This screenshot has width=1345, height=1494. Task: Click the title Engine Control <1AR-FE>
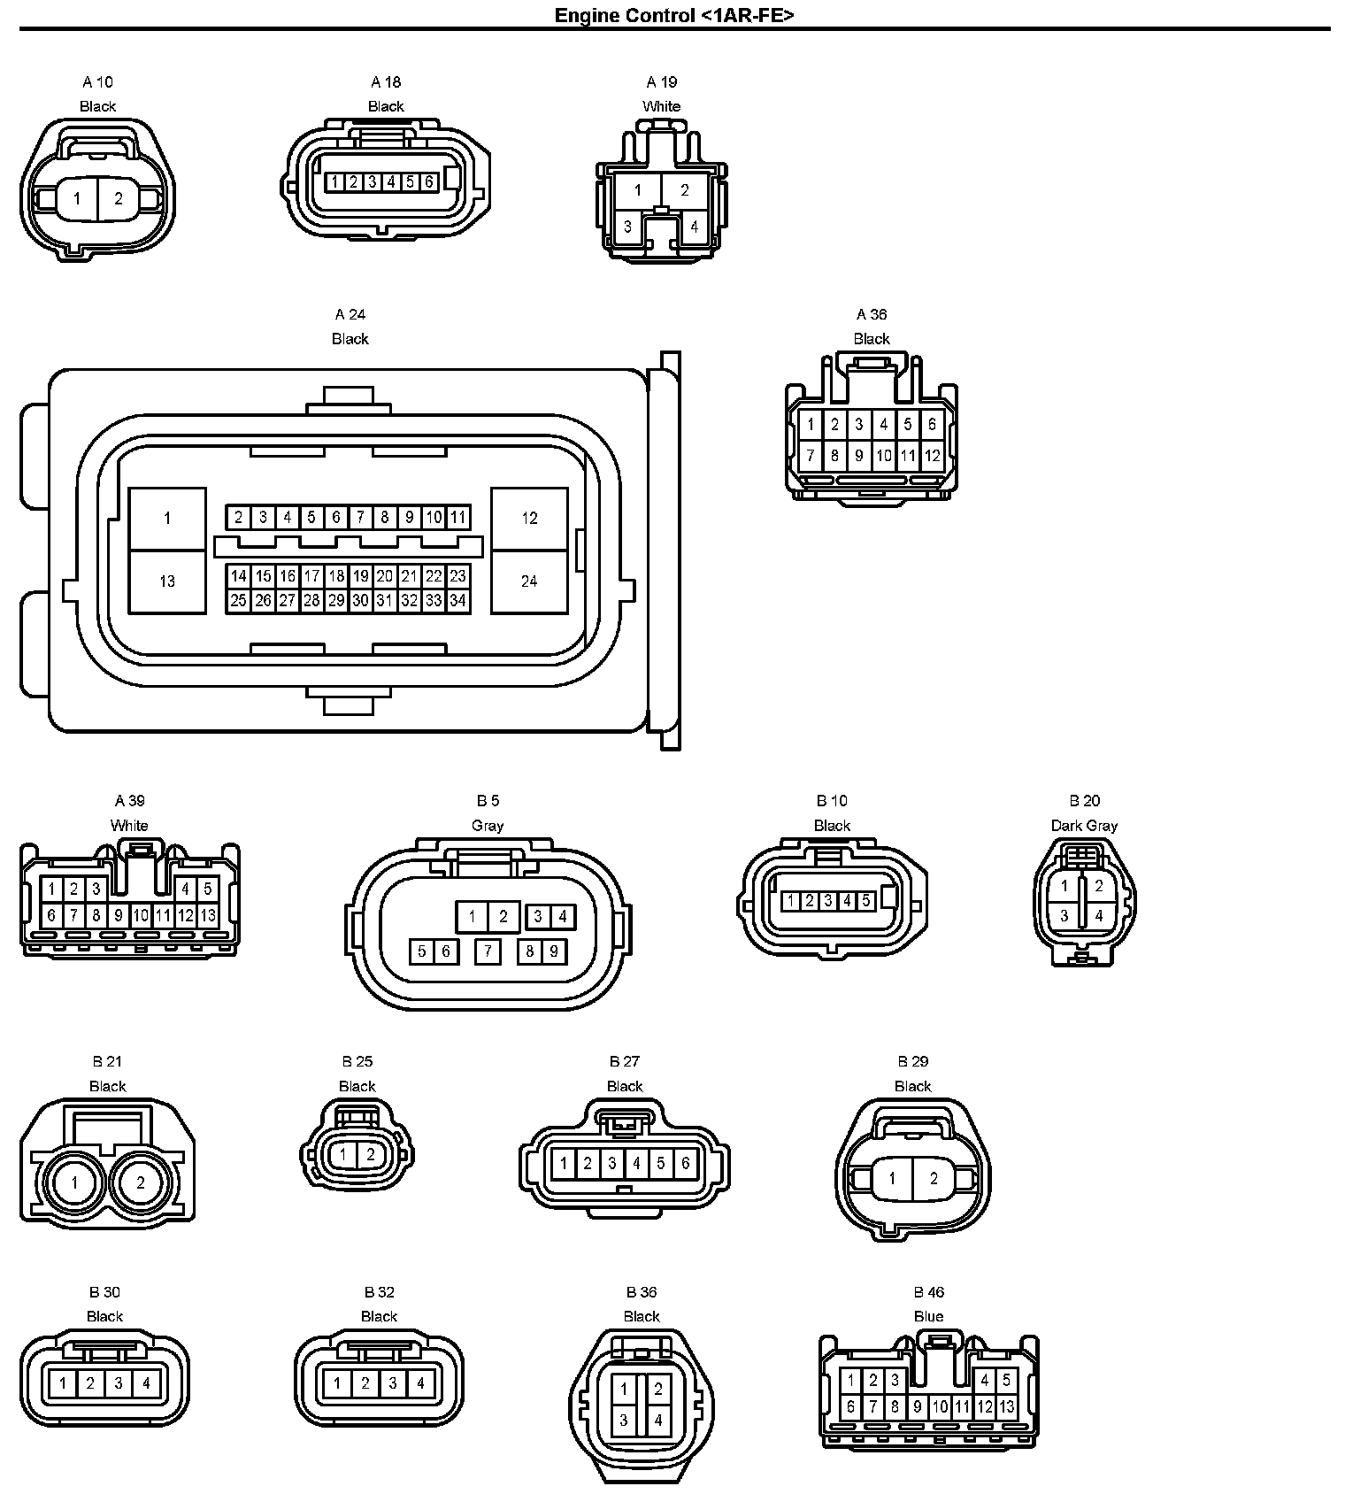(673, 15)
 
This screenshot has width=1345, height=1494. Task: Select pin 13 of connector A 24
(167, 581)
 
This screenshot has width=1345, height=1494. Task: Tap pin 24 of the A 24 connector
(529, 581)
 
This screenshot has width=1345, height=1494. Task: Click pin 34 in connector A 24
(457, 600)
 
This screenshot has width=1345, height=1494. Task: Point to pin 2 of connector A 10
(119, 198)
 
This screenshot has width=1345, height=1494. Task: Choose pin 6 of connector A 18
(429, 182)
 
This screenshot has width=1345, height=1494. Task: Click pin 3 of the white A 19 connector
(627, 227)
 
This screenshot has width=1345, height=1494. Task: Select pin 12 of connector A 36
(932, 457)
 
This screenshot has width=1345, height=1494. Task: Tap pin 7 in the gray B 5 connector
(488, 951)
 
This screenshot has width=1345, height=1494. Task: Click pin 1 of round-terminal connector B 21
(75, 1182)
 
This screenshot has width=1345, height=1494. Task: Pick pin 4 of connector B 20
(1099, 916)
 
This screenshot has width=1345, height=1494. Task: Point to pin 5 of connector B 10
(866, 901)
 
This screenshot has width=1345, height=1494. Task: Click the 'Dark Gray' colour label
(1084, 826)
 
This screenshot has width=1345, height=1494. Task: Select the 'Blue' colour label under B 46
(928, 1316)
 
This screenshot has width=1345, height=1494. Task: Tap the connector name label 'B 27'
(625, 1061)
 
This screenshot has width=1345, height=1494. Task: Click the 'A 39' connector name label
(130, 801)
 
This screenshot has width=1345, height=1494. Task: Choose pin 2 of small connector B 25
(371, 1154)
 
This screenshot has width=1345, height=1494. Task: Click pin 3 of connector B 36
(624, 1420)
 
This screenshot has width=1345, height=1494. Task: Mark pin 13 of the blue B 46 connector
(1006, 1405)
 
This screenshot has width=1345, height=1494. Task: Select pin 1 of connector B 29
(892, 1178)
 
